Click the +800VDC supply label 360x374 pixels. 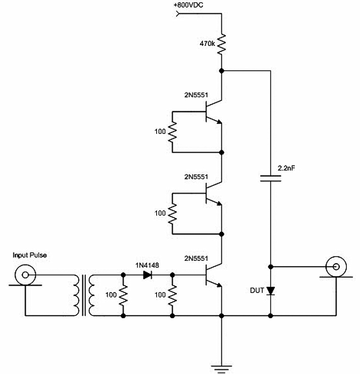(189, 5)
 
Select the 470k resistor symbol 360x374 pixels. (221, 44)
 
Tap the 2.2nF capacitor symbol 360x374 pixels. (270, 178)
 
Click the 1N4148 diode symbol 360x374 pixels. (147, 275)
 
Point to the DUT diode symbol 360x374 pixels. (270, 291)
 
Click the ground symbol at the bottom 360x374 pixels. (221, 369)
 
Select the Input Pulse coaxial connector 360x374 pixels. (25, 275)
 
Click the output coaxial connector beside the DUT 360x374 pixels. (336, 267)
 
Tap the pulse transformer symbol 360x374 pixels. (84, 295)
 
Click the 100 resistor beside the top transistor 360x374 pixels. (172, 132)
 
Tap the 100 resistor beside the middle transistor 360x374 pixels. (172, 214)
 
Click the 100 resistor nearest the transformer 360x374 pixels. (123, 295)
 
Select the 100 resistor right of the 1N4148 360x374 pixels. (172, 295)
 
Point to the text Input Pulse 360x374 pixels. (30, 255)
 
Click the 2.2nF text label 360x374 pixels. (286, 168)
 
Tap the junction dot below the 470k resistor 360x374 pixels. (221, 71)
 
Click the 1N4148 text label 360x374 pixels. (147, 265)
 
